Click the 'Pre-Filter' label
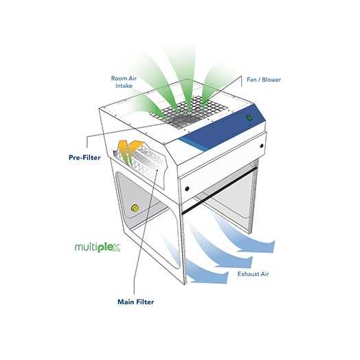click(85, 157)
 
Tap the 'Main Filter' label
click(136, 302)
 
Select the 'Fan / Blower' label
click(264, 80)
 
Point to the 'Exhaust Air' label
click(254, 274)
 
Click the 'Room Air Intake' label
click(124, 82)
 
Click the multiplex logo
click(98, 247)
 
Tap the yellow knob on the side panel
click(135, 207)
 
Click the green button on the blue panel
click(249, 117)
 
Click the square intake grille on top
click(188, 112)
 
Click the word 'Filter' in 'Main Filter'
click(145, 302)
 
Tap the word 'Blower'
click(271, 80)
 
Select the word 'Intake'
click(124, 86)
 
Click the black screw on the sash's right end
click(262, 146)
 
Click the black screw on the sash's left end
click(187, 189)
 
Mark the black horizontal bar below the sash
click(218, 191)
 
